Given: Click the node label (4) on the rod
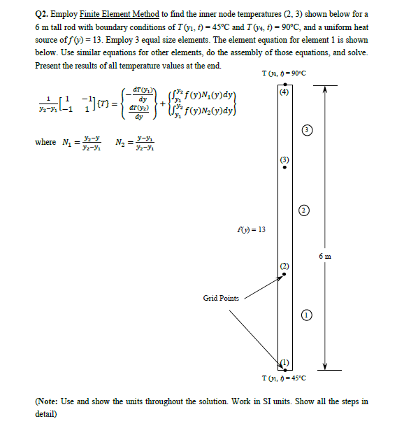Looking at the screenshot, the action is (282, 92).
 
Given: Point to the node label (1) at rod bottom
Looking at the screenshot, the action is (284, 362).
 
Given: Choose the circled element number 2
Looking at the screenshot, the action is (303, 209).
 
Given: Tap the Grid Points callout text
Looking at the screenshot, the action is (222, 298).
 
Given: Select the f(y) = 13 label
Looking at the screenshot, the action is (251, 229).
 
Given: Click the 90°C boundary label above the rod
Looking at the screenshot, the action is (283, 74).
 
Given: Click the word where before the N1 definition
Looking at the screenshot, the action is (45, 143).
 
